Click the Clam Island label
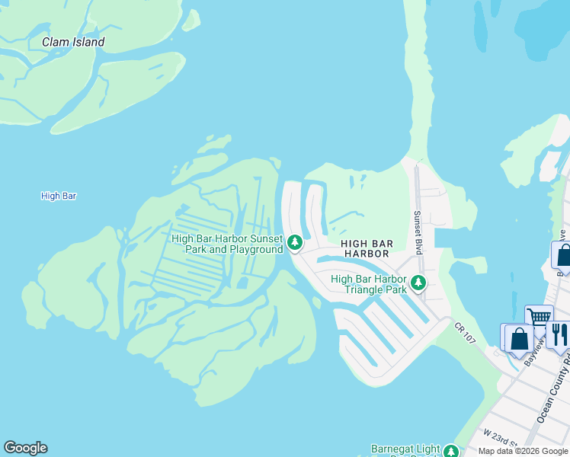coord(73,43)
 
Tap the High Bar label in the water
coord(59,197)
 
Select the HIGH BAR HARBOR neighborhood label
coord(368,248)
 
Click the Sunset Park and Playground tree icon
coord(295,244)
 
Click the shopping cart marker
coord(539,316)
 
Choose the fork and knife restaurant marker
coord(559,333)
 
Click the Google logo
coord(25,448)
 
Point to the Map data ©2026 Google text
coord(523,451)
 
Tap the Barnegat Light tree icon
coord(451,452)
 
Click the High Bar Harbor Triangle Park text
coord(369,284)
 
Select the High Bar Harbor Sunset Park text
coord(227,244)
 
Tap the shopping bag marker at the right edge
coord(563,254)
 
